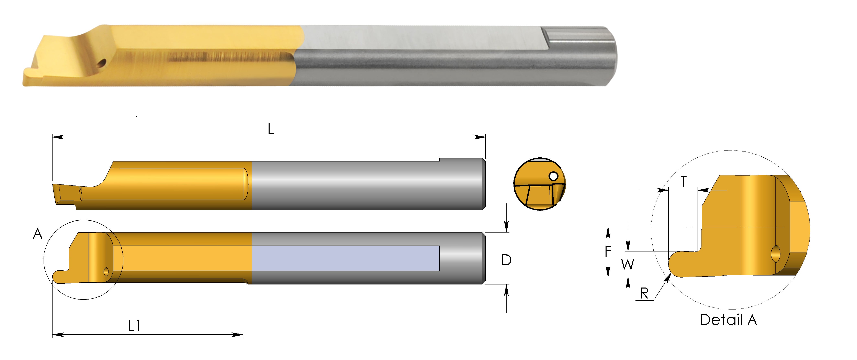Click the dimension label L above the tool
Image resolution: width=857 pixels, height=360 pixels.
coord(271,129)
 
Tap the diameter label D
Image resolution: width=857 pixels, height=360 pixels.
coord(506,260)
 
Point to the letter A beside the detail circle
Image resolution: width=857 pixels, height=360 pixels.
coord(38,234)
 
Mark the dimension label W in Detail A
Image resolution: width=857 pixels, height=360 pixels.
coord(628,265)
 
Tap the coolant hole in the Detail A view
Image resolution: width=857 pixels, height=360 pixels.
coord(776,254)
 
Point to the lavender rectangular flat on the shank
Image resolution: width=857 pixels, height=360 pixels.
coord(346,258)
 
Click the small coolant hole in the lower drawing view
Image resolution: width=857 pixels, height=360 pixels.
coord(106,272)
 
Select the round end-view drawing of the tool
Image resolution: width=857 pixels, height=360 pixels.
coord(539,184)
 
